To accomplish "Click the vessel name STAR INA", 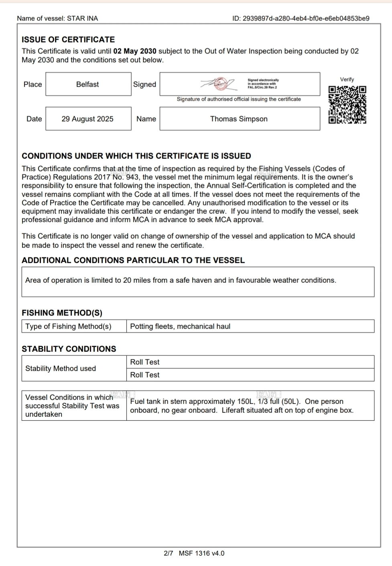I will point(82,18).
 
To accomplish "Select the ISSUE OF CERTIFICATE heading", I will point(68,40).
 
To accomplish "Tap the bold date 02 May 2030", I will point(135,51).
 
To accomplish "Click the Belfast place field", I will point(88,84).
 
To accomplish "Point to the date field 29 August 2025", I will point(88,119).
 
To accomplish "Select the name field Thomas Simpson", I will point(239,119).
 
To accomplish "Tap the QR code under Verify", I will point(347,105).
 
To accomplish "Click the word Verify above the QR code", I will point(347,79).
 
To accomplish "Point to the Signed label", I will point(144,84).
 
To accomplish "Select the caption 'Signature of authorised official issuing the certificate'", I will point(239,99).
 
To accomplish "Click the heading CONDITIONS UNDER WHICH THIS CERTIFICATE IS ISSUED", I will point(136,156).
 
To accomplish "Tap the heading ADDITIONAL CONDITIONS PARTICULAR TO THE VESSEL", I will point(133,260).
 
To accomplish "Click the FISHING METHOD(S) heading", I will point(62,313).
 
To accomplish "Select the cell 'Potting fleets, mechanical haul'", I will point(181,327).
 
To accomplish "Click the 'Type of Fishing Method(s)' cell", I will point(69,327).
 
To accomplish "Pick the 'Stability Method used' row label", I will point(61,369).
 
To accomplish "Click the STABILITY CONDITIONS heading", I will point(69,349).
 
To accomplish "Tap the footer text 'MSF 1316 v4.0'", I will point(202,554).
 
